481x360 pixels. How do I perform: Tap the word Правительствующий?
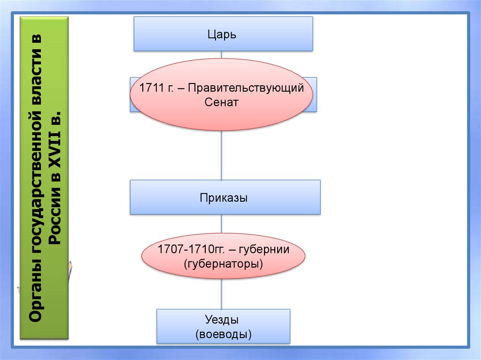(246, 88)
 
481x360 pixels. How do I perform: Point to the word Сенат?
(222, 102)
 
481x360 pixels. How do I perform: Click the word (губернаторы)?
(223, 264)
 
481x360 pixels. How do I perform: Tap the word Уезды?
(223, 320)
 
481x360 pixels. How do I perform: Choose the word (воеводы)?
(223, 334)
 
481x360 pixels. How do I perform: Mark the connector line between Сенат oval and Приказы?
(222, 155)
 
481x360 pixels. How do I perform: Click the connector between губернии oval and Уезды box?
(222, 294)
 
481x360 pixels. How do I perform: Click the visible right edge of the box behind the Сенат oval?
(315, 94)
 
